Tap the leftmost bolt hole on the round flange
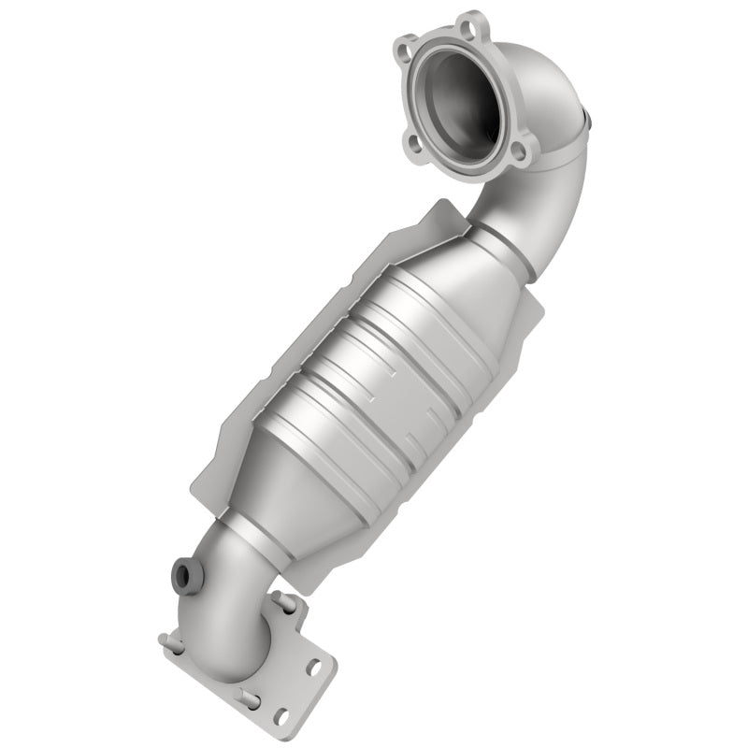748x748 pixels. (407, 45)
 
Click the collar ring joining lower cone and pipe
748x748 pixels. (245, 542)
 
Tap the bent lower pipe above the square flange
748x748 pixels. (229, 598)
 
